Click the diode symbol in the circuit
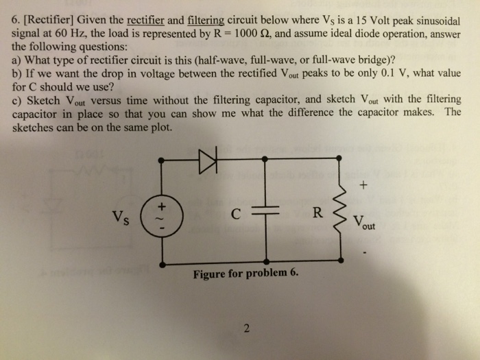[207, 160]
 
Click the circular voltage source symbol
[162, 211]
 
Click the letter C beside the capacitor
[235, 213]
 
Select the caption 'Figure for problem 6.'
[246, 275]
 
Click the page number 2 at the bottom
[245, 327]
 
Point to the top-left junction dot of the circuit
[162, 160]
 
